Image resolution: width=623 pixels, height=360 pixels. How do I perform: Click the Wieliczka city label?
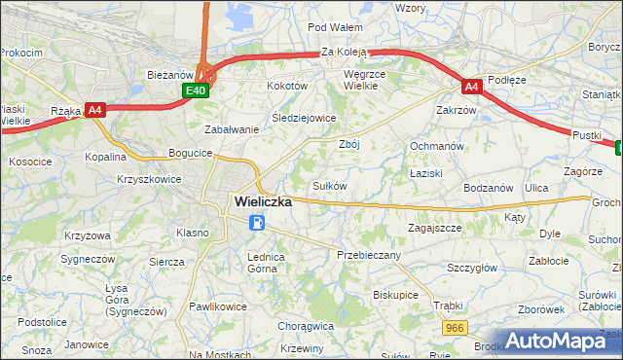point(263,201)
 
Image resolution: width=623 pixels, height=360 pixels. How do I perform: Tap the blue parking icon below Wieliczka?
point(256,224)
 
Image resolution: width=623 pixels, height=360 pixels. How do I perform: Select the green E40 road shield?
point(196,90)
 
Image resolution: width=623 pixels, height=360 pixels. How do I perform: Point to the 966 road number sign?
point(452,331)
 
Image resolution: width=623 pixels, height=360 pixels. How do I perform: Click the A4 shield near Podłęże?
point(470,87)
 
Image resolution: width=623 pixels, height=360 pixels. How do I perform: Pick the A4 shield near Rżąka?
point(95,110)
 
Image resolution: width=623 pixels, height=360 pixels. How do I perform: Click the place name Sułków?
point(329,185)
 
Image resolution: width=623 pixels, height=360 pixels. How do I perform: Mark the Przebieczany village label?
point(368,254)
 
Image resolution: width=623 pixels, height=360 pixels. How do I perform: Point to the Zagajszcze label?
point(434,227)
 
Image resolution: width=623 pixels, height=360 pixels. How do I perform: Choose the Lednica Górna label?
point(265,263)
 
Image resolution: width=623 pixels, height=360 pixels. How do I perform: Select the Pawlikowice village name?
point(218,306)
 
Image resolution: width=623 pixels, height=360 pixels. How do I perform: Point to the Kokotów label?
point(287,86)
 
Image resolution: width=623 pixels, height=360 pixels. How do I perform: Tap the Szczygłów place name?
point(472,268)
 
